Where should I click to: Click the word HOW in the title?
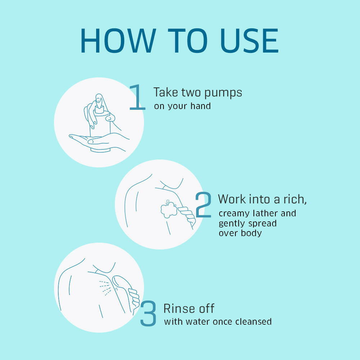118,41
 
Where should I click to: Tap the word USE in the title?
249,41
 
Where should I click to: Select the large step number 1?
137,97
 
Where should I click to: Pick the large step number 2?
203,204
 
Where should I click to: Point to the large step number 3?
148,313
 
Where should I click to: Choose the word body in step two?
251,233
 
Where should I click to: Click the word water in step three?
198,321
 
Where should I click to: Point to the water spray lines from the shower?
105,288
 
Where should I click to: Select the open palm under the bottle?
99,142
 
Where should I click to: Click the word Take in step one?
166,92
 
